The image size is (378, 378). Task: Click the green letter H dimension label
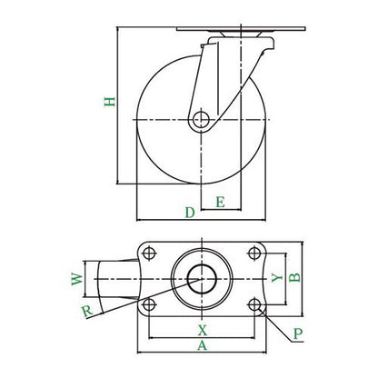110,102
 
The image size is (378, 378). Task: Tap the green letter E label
220,202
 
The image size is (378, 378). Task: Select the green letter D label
190,213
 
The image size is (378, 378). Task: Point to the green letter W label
77,279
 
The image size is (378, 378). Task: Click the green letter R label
87,312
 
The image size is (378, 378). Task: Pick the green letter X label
203,331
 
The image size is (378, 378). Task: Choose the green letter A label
202,345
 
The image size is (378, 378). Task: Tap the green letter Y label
276,277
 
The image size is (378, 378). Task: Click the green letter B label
294,277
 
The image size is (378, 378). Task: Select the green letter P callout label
298,333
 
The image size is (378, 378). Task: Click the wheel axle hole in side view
201,120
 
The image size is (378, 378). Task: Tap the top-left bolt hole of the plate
149,254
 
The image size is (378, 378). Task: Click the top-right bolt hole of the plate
254,254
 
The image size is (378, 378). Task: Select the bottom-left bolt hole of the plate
149,304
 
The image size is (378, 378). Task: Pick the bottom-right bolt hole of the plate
254,304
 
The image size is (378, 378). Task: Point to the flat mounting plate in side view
241,29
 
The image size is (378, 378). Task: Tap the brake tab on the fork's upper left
203,46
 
